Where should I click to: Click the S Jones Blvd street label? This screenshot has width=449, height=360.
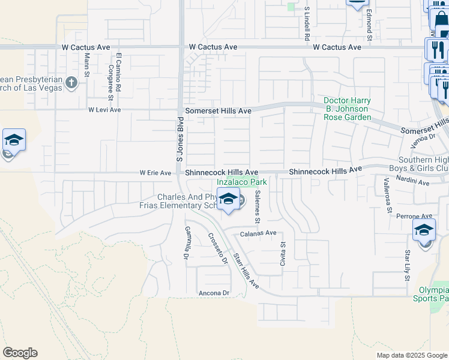point(179,140)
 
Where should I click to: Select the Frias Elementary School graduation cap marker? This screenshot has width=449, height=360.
point(228,200)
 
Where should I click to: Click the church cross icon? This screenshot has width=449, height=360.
point(71,82)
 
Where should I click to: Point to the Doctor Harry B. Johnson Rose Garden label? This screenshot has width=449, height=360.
point(347,109)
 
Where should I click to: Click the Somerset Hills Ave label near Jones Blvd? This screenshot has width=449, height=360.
point(218,111)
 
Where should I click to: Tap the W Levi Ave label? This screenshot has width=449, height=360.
point(104,110)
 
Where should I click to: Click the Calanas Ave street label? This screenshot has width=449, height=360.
point(258,233)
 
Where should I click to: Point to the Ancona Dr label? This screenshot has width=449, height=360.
point(214,293)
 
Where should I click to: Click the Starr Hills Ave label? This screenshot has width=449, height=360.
point(246,270)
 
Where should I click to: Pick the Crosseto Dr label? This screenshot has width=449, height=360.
point(218,248)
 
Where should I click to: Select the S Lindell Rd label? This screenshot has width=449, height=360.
point(306,23)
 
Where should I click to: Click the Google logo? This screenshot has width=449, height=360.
point(20,352)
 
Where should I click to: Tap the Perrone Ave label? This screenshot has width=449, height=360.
point(418,216)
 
